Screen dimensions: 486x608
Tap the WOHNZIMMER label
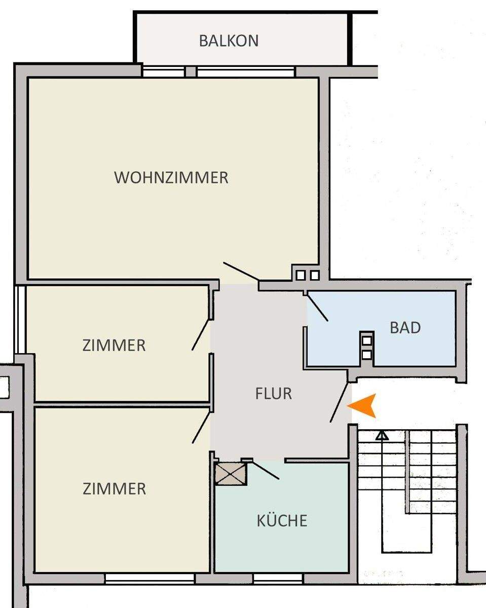pos(171,178)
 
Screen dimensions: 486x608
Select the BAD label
pos(405,328)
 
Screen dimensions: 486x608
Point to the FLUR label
pos(274,394)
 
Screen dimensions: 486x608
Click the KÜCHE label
pos(282,520)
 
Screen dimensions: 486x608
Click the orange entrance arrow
pos(363,405)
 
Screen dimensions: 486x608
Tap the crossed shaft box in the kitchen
pos(231,473)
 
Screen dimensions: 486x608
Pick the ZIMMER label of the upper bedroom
pos(114,346)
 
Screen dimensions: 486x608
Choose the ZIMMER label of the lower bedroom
pos(114,489)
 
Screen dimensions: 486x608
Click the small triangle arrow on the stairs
pos(382,435)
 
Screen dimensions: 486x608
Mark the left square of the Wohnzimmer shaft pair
pos(301,275)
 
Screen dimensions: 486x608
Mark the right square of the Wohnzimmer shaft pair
pos(315,275)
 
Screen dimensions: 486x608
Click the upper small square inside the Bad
pos(367,340)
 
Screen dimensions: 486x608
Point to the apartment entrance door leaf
pos(340,402)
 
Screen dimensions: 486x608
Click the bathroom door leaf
pos(317,307)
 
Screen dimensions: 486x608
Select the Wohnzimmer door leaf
pos(241,272)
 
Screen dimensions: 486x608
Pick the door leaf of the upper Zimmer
pos(201,334)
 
